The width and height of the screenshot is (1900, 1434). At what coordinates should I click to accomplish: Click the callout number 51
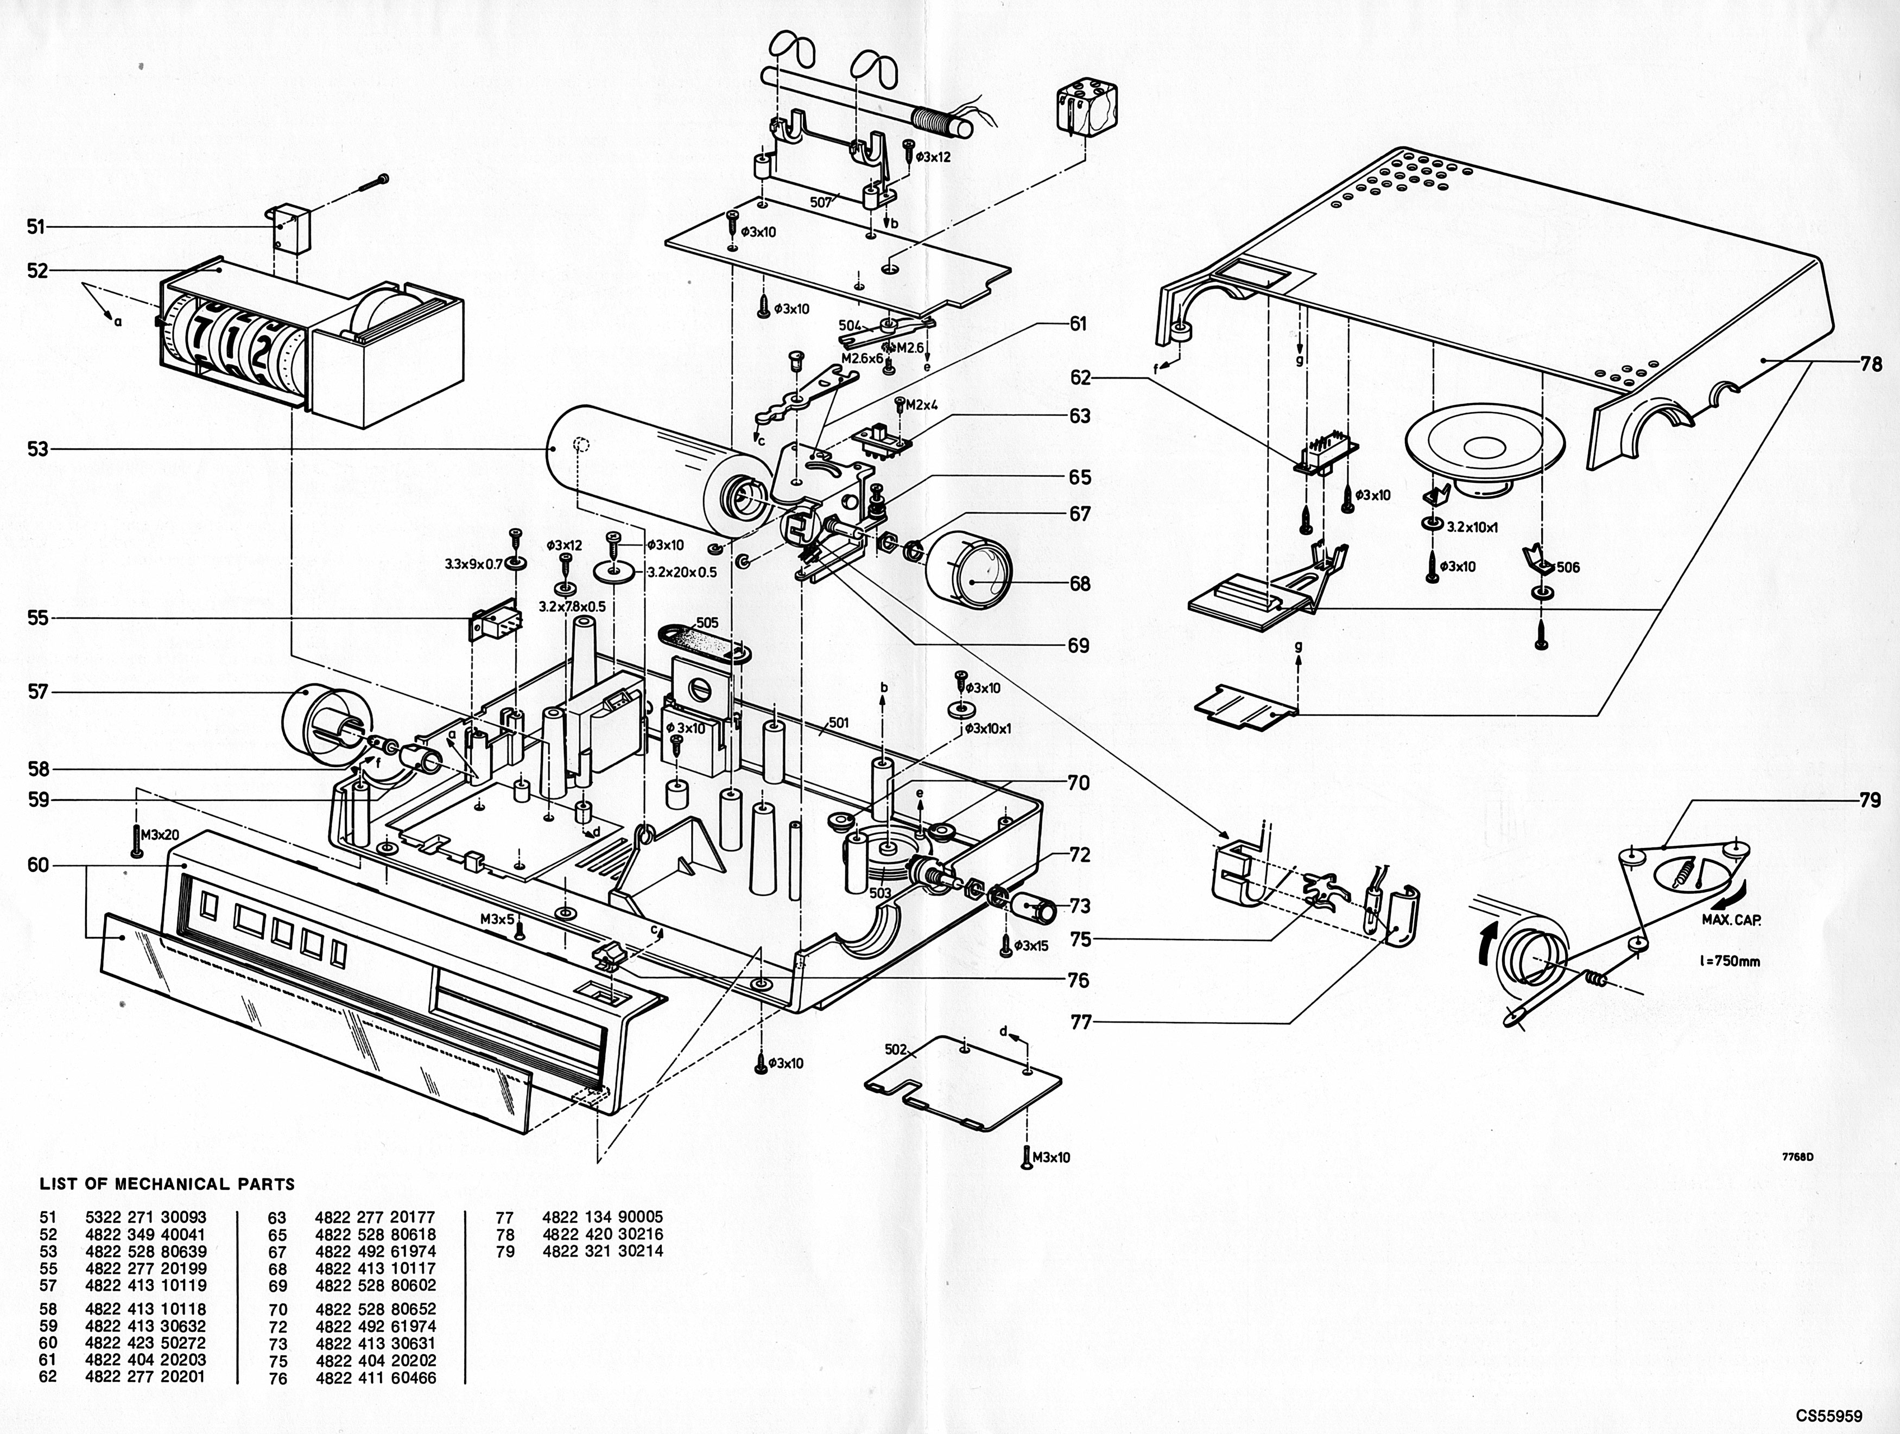tap(35, 227)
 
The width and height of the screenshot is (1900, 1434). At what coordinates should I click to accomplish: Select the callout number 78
tap(1871, 364)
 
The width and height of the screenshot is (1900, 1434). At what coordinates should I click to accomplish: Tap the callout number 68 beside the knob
tap(1080, 584)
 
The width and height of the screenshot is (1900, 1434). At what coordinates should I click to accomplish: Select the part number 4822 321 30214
tap(603, 1251)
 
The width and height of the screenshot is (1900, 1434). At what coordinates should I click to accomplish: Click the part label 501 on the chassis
tap(838, 723)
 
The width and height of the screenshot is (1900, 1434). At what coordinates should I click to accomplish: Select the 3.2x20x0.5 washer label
tap(683, 572)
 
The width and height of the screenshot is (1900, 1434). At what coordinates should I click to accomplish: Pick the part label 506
tap(1568, 567)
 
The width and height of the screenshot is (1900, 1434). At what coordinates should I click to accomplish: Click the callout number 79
tap(1870, 800)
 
